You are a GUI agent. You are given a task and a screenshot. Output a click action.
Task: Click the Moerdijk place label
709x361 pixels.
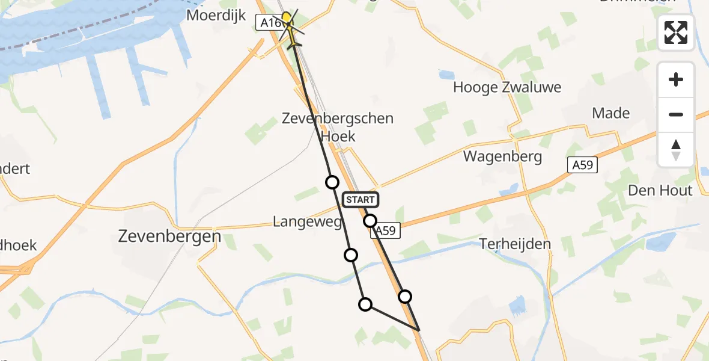pyautogui.click(x=216, y=15)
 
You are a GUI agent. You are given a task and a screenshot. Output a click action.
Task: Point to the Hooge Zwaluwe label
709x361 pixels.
pyautogui.click(x=507, y=87)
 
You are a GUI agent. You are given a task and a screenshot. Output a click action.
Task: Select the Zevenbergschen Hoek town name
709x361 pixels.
pyautogui.click(x=338, y=127)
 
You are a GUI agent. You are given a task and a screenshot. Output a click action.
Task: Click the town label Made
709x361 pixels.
pyautogui.click(x=610, y=113)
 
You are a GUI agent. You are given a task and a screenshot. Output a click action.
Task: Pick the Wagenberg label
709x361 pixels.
pyautogui.click(x=502, y=157)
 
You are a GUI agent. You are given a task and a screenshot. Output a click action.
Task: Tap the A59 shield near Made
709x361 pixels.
pyautogui.click(x=582, y=165)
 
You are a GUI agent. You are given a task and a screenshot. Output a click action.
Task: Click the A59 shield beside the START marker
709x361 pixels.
pyautogui.click(x=386, y=230)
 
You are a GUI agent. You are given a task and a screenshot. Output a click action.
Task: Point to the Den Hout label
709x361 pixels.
pyautogui.click(x=660, y=191)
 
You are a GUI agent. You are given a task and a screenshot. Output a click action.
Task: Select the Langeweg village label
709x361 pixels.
pyautogui.click(x=307, y=222)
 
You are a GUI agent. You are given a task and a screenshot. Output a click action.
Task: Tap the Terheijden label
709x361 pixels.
pyautogui.click(x=515, y=244)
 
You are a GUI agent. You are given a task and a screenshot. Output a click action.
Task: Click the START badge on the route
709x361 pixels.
pyautogui.click(x=361, y=200)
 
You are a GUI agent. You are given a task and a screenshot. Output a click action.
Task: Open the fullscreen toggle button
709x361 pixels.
pyautogui.click(x=676, y=32)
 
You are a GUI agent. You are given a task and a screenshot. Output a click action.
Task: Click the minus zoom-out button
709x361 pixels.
pyautogui.click(x=676, y=114)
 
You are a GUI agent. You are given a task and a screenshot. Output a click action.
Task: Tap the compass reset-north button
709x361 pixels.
pyautogui.click(x=676, y=149)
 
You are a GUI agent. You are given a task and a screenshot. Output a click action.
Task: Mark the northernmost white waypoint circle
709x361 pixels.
pyautogui.click(x=332, y=182)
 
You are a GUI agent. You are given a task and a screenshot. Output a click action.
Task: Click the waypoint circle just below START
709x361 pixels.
pyautogui.click(x=370, y=221)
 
